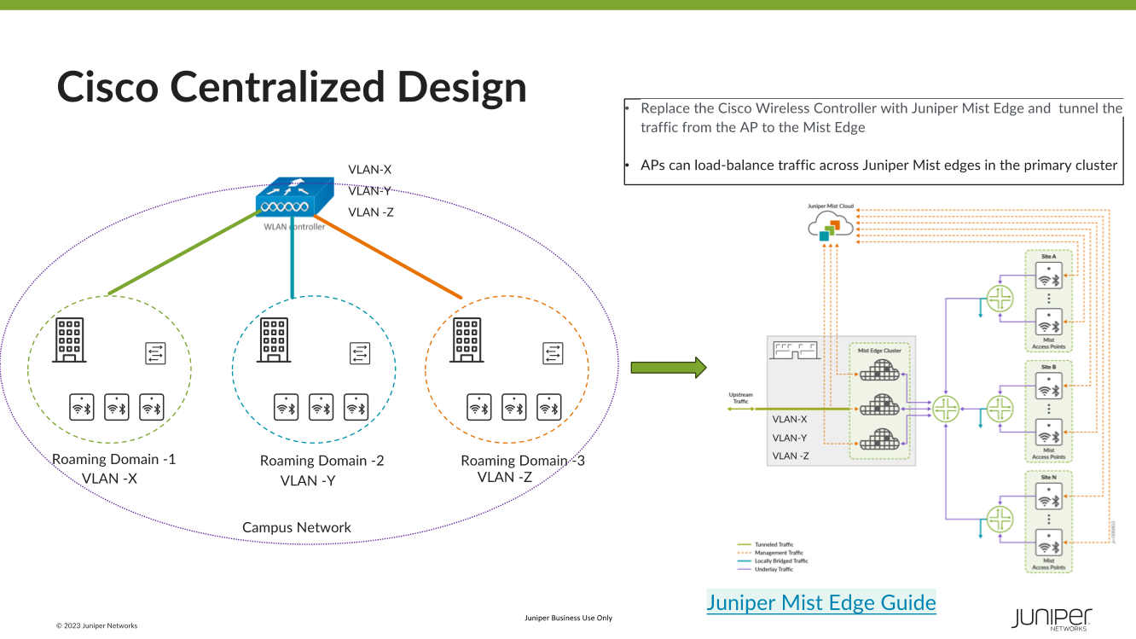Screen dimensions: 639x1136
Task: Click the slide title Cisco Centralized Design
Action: (x=292, y=87)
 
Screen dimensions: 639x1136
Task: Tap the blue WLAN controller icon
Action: (x=294, y=199)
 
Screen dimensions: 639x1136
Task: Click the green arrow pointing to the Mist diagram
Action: (x=669, y=368)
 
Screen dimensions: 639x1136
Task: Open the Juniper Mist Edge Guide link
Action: (x=821, y=602)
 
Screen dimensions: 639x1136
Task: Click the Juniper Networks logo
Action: (x=1052, y=619)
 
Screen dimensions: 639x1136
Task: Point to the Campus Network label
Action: (x=297, y=527)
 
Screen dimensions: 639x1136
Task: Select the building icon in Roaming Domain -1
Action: (x=69, y=339)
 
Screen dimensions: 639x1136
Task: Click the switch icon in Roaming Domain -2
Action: (x=360, y=351)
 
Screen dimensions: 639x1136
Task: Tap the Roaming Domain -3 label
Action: (x=522, y=461)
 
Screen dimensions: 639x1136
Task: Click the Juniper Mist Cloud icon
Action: (x=829, y=225)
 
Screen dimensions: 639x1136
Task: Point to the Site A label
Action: (x=1048, y=256)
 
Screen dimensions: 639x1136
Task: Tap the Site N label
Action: (x=1048, y=477)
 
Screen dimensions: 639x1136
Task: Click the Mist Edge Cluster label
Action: (x=879, y=350)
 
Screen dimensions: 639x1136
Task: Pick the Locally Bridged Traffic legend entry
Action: (x=781, y=561)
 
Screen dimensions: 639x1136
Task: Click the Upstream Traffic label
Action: (x=740, y=397)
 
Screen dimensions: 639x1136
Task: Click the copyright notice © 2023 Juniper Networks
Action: (x=96, y=625)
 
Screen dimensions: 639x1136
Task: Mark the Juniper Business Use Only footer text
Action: (x=568, y=618)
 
